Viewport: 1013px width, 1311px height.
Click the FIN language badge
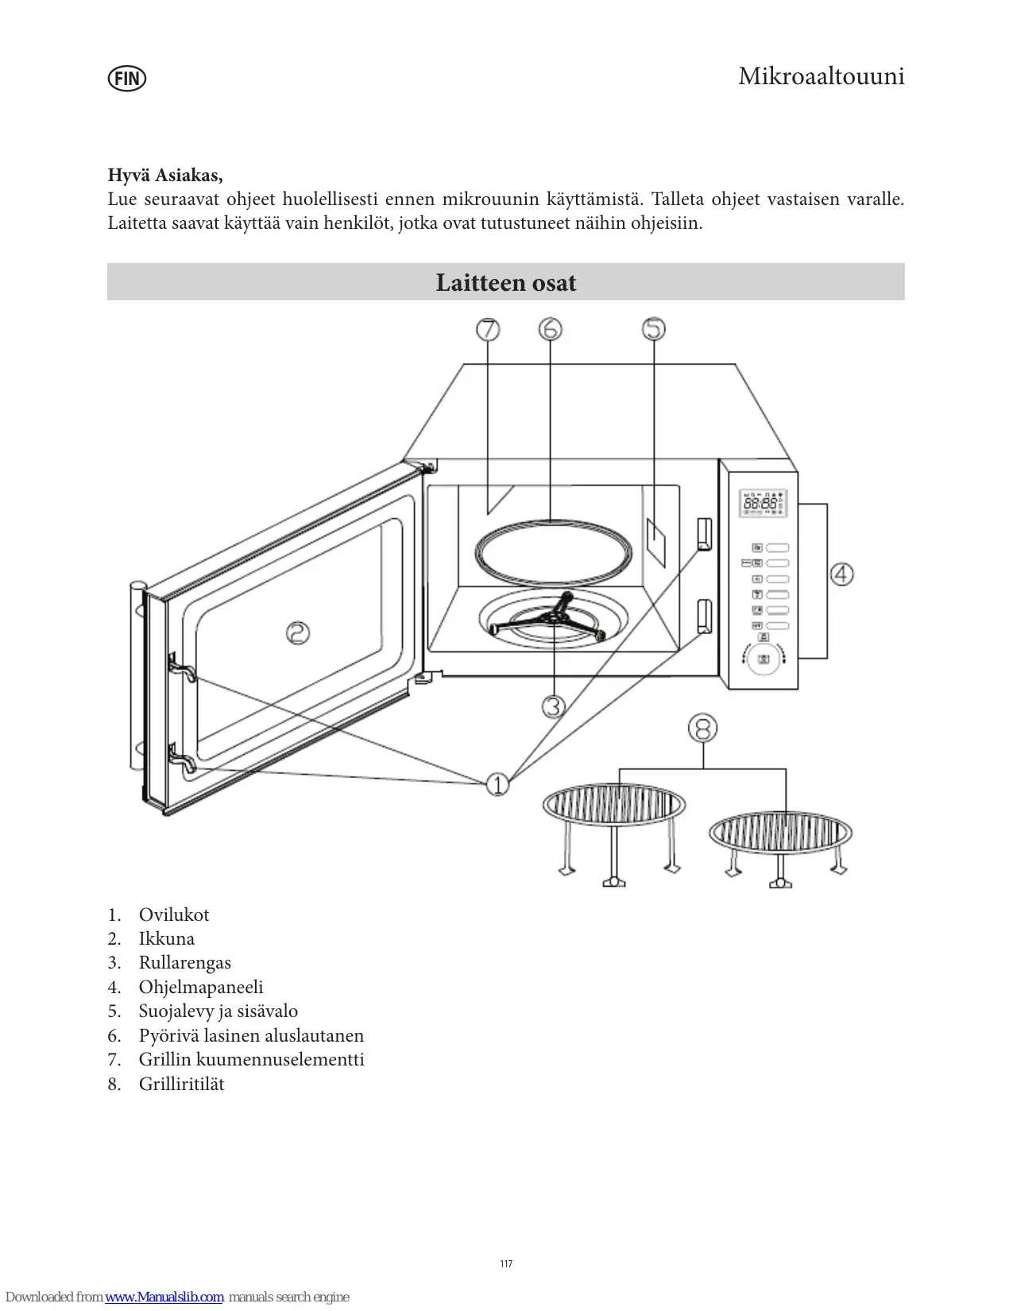tap(127, 78)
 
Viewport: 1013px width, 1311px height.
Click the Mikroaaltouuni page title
tap(821, 76)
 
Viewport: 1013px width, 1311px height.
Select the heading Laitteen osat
tap(505, 282)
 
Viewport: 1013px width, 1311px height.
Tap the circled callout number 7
tap(488, 329)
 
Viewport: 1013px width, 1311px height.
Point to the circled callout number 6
tap(550, 329)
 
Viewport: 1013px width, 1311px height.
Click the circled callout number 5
tap(653, 329)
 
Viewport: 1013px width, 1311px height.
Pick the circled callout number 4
tap(841, 574)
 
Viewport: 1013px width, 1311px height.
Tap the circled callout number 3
tap(553, 706)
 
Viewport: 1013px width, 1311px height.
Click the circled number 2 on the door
tap(298, 633)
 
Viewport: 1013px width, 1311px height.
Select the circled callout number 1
tap(497, 784)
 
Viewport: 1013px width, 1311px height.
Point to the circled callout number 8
tap(702, 728)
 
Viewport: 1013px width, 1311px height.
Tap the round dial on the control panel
tap(764, 659)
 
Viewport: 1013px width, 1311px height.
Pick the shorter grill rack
tap(780, 844)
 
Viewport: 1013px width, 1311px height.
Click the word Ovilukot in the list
tap(174, 915)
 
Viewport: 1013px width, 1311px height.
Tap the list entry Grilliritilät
tap(181, 1084)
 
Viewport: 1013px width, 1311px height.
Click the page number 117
tap(506, 1264)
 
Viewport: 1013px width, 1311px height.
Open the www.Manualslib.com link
tap(164, 1297)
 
